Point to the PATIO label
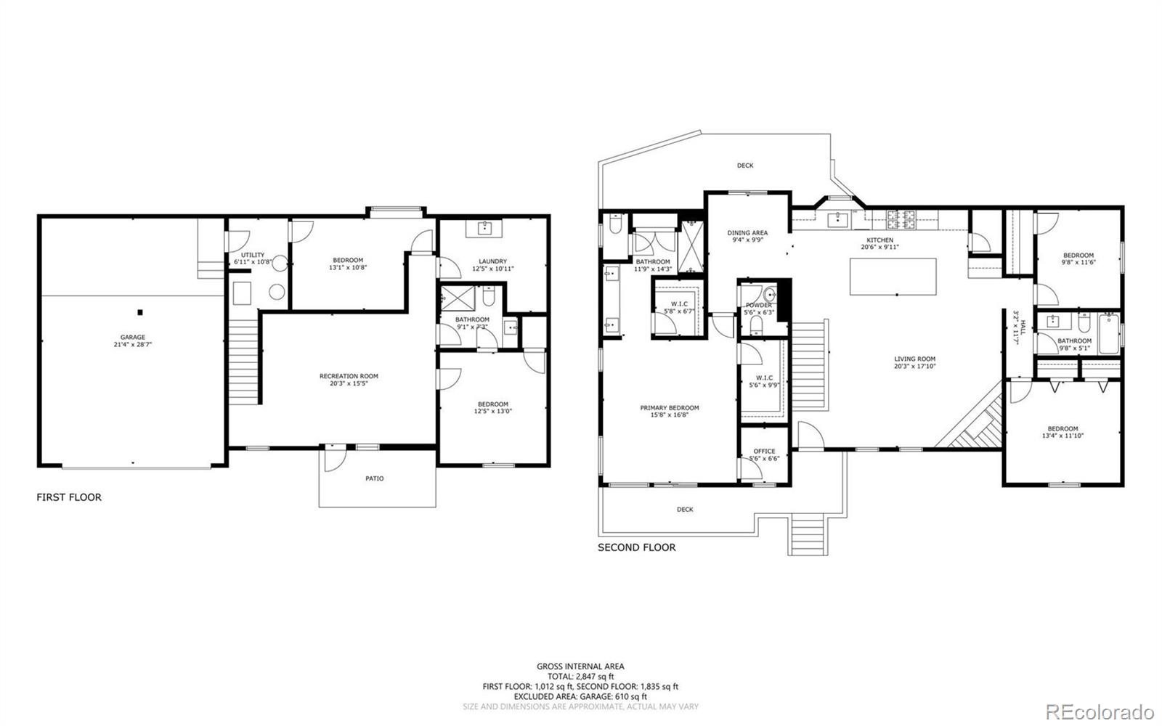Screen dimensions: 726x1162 click(375, 478)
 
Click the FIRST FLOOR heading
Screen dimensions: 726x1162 click(69, 497)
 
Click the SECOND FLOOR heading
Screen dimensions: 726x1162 click(636, 547)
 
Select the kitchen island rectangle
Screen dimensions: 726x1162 click(893, 277)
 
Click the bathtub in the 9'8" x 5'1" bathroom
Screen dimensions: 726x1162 click(1108, 334)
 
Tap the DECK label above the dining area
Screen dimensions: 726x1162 click(745, 166)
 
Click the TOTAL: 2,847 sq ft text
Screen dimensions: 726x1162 click(580, 676)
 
